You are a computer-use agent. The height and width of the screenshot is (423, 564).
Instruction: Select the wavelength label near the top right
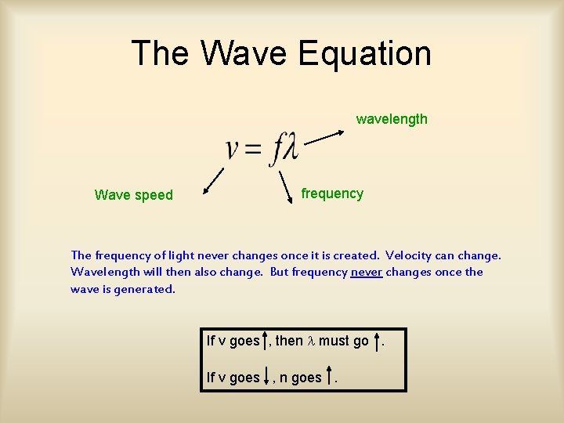pyautogui.click(x=392, y=119)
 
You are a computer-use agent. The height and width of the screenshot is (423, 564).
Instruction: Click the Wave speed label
pyautogui.click(x=133, y=195)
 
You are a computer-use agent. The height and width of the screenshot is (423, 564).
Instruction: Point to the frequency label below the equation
pyautogui.click(x=332, y=193)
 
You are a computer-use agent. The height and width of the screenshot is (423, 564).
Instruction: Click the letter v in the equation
pyautogui.click(x=233, y=149)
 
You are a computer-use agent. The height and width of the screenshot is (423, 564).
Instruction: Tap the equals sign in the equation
pyautogui.click(x=253, y=150)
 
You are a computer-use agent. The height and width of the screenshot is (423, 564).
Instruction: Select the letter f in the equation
pyautogui.click(x=275, y=149)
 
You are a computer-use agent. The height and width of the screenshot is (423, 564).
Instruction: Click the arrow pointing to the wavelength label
pyautogui.click(x=324, y=137)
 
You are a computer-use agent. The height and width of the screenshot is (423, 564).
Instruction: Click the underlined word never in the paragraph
pyautogui.click(x=366, y=272)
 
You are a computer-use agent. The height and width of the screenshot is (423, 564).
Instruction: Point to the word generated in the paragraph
pyautogui.click(x=148, y=289)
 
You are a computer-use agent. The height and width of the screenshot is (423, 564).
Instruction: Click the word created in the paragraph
pyautogui.click(x=351, y=255)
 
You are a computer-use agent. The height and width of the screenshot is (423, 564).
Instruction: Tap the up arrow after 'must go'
pyautogui.click(x=379, y=340)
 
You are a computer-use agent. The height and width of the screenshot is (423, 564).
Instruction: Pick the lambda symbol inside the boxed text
pyautogui.click(x=310, y=341)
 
